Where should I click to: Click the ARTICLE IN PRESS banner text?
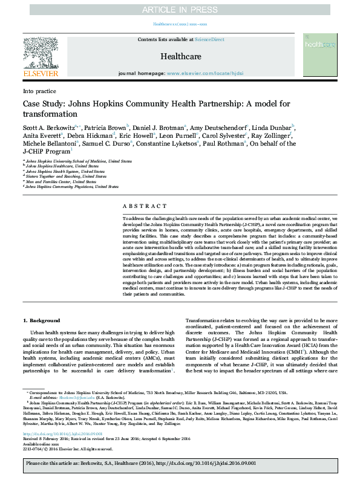click(x=180, y=10)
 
